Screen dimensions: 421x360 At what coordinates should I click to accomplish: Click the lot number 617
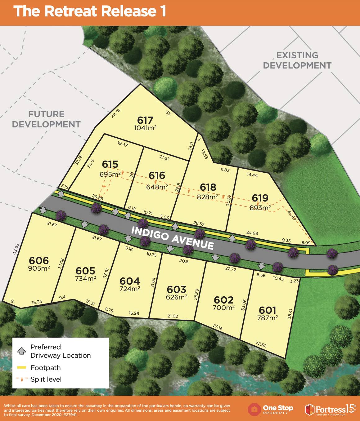tap(145, 120)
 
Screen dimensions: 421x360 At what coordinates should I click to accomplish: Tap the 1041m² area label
tap(145, 128)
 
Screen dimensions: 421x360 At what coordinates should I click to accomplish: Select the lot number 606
tap(39, 260)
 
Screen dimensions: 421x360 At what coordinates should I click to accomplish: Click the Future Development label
tap(46, 119)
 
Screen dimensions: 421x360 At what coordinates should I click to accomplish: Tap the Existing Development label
tap(297, 60)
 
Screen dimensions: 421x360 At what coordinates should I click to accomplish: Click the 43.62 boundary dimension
tap(16, 249)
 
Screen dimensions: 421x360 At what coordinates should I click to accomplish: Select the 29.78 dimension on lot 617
tap(115, 113)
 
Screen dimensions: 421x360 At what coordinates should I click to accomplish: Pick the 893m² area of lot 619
tap(260, 208)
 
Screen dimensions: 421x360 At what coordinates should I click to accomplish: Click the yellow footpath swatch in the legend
tap(21, 368)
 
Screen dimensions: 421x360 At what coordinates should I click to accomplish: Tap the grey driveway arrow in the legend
tap(21, 351)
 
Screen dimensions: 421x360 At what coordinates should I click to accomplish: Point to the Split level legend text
tap(46, 379)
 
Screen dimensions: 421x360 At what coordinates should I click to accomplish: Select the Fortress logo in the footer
tap(330, 409)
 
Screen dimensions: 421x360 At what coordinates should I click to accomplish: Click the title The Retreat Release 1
tap(90, 11)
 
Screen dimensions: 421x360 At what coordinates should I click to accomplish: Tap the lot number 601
tap(267, 310)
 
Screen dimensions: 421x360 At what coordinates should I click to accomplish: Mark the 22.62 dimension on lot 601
tap(261, 344)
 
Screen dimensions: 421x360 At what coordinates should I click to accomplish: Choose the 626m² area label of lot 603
tap(177, 297)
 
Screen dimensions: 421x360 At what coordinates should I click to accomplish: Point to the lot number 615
tap(110, 164)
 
